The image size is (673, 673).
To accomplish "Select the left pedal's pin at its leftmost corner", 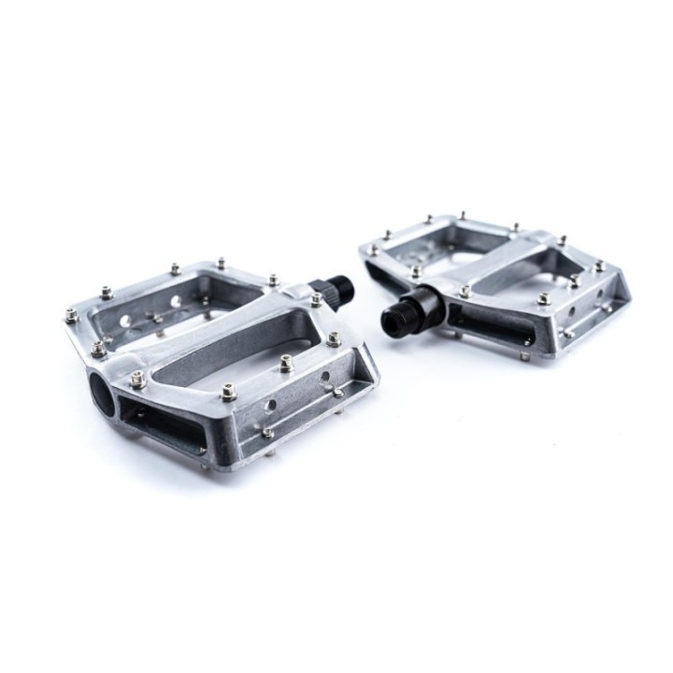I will coord(71,316).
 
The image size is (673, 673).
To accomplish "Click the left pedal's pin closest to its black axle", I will coord(317,300).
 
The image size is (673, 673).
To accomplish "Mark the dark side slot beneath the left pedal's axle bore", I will coord(164,425).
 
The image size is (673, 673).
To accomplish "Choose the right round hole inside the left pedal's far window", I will coord(177,302).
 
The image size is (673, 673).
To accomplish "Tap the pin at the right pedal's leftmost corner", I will coord(373,250).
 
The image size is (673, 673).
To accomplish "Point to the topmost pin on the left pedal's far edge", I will coord(222,264).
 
